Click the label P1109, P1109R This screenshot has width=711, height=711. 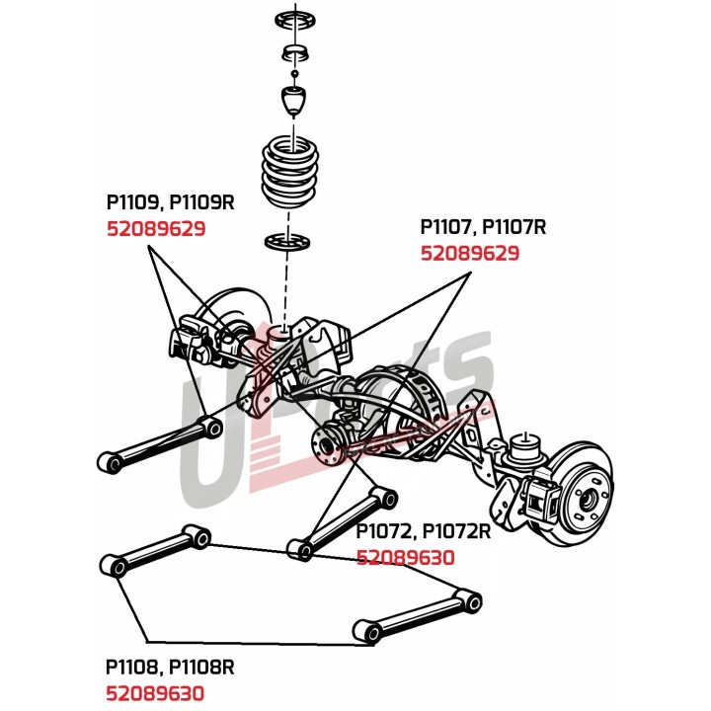[170, 202]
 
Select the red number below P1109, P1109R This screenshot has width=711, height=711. [156, 228]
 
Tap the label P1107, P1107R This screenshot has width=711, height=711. [483, 227]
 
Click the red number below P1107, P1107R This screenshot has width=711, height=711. [470, 253]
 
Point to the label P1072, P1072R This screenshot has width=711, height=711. [423, 531]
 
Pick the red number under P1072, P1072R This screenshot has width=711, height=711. [406, 557]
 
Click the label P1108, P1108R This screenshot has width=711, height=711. [170, 667]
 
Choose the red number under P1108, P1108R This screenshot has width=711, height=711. [155, 693]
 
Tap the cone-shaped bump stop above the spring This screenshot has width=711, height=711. [293, 101]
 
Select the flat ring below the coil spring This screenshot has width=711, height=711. [287, 241]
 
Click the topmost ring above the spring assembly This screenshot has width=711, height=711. [295, 20]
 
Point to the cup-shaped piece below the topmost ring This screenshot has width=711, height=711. [295, 52]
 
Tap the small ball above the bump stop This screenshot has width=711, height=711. [294, 73]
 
